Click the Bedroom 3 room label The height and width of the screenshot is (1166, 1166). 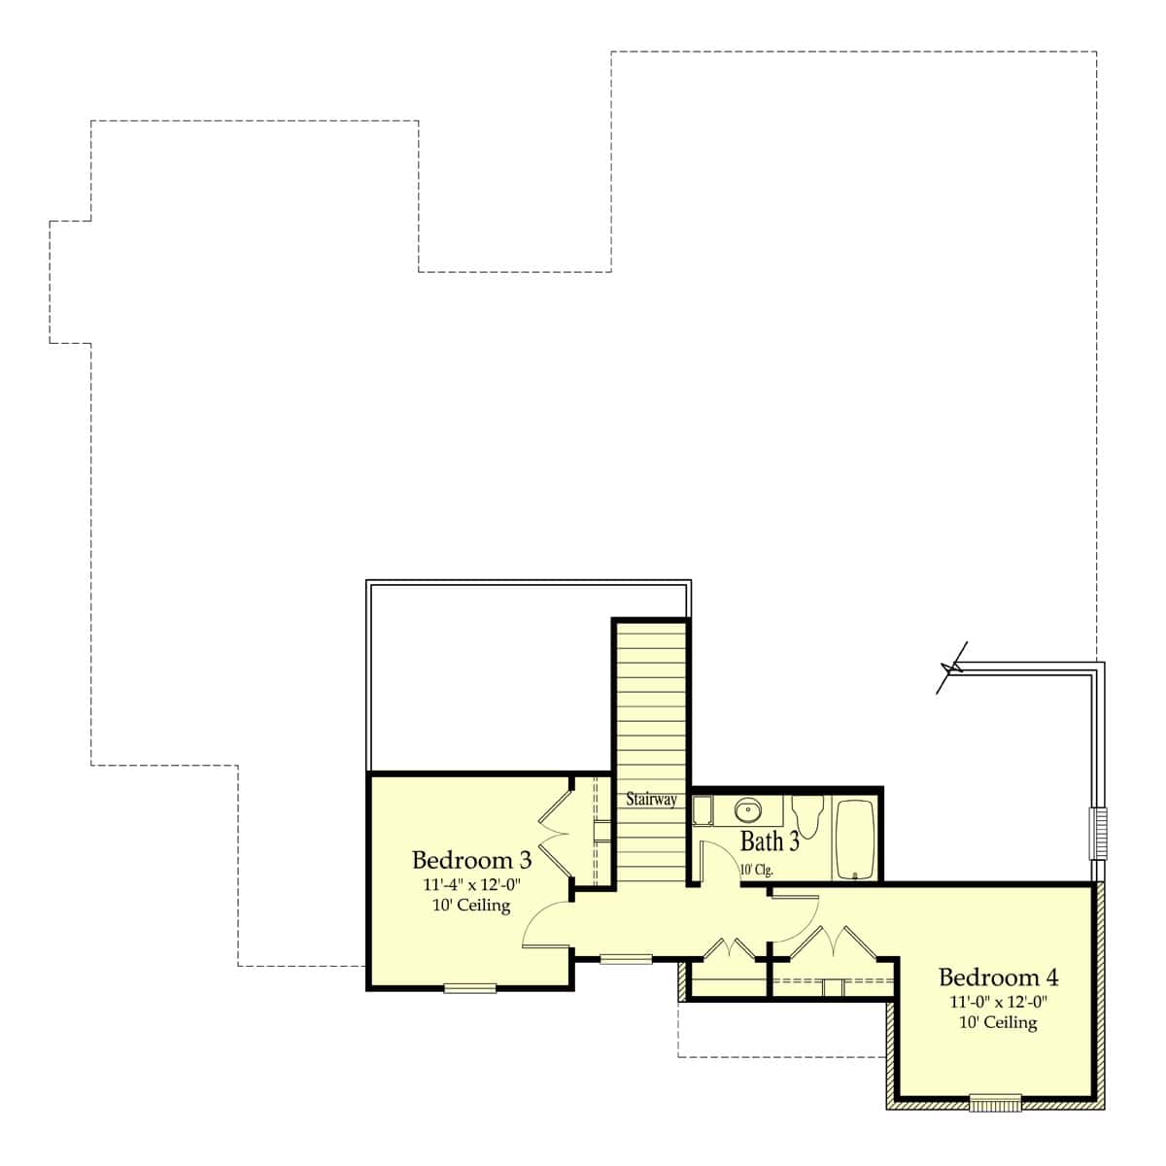471,860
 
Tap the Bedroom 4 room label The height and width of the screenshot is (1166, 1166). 999,977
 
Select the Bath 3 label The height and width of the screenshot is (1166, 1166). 770,841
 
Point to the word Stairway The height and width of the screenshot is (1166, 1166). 651,800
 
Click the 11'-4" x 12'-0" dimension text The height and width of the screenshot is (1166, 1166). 471,884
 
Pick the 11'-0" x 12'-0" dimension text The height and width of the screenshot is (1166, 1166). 999,1002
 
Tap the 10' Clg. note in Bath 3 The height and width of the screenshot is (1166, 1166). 757,870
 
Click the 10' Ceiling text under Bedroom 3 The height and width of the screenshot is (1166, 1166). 471,906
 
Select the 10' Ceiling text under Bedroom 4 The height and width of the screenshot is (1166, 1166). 999,1022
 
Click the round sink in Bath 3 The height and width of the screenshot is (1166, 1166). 748,810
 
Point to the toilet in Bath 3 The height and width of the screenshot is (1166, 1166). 807,815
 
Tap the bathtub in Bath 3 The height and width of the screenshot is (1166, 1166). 854,840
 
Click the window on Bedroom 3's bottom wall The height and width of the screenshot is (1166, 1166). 470,989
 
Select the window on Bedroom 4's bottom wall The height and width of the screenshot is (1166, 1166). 995,1104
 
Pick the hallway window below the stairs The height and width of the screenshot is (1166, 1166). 626,958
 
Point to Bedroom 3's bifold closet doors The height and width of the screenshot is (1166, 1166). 555,834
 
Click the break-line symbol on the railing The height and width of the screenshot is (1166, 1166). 951,668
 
